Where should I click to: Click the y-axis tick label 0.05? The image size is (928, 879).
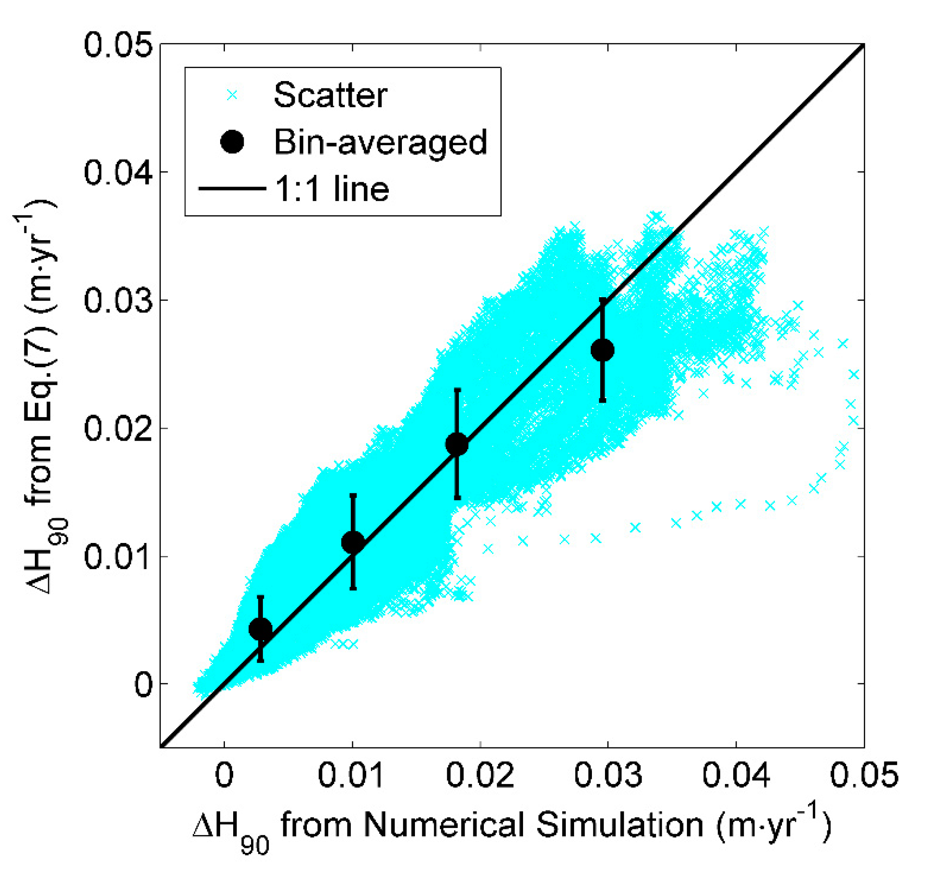(x=118, y=45)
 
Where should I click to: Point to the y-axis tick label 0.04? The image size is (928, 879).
(x=118, y=173)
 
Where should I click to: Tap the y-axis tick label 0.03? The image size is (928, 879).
(x=118, y=300)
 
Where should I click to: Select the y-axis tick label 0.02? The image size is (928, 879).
(x=118, y=428)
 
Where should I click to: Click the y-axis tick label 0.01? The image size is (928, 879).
(x=118, y=556)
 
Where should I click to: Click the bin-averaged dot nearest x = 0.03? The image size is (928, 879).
(x=602, y=350)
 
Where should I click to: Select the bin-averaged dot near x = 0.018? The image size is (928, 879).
(x=456, y=443)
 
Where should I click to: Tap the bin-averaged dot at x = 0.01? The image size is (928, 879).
(x=353, y=542)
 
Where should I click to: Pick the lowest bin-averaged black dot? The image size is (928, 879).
(x=260, y=629)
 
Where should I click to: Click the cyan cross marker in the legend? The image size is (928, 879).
(x=232, y=95)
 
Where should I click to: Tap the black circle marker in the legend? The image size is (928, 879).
(x=232, y=142)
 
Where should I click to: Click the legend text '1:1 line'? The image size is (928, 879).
(x=332, y=189)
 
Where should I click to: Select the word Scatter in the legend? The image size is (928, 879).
(x=330, y=95)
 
